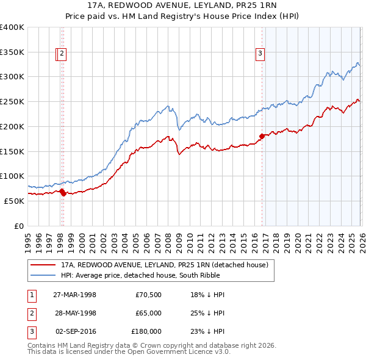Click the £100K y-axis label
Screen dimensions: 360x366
tap(12, 176)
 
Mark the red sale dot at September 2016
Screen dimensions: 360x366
tap(262, 136)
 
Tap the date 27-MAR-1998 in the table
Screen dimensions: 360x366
tap(74, 295)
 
